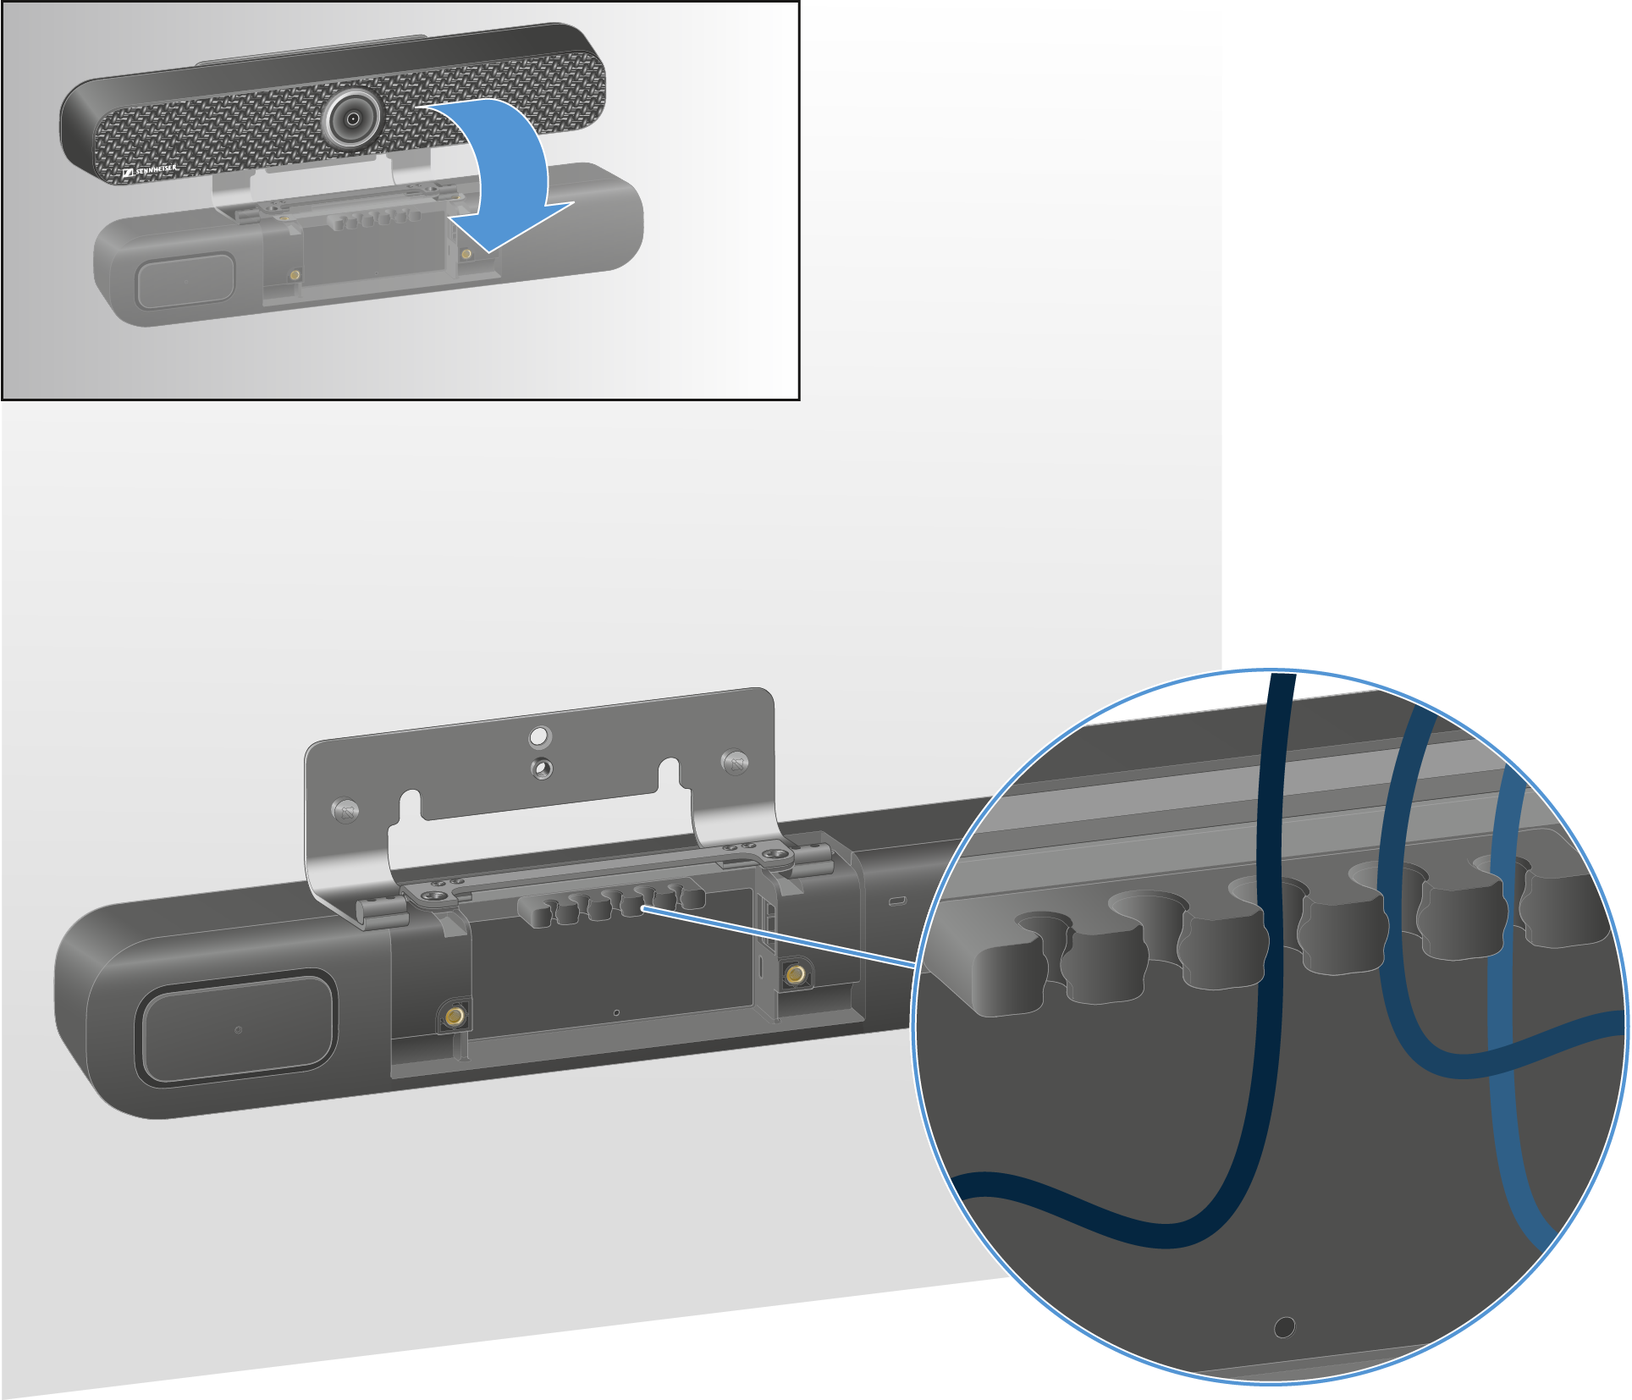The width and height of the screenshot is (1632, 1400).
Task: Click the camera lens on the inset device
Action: [x=351, y=119]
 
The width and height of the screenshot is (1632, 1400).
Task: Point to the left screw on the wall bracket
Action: [x=345, y=811]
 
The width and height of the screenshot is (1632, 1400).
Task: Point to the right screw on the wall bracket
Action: [x=735, y=763]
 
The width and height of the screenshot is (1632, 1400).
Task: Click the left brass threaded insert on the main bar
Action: [x=455, y=1015]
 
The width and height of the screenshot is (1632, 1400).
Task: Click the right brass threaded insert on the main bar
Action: [x=795, y=975]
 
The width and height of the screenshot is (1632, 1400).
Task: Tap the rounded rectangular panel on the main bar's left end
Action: [x=237, y=1028]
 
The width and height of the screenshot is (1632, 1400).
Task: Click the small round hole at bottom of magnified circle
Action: [x=1284, y=1326]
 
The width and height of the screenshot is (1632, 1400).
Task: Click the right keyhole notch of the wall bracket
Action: [x=669, y=774]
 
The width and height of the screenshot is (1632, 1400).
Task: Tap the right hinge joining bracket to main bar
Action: [x=810, y=858]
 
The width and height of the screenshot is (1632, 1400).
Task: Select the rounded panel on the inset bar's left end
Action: [x=185, y=280]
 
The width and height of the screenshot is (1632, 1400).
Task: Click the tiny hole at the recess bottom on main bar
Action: [x=616, y=1012]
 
